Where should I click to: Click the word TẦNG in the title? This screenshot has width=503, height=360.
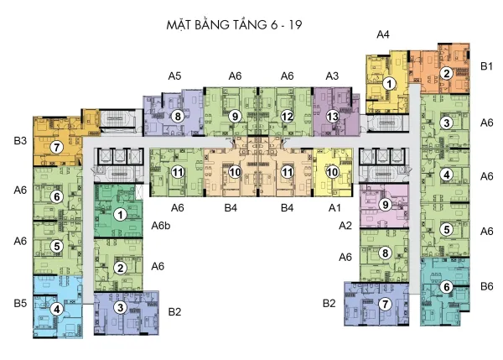[x=248, y=24]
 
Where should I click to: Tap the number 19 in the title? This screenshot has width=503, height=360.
[x=295, y=24]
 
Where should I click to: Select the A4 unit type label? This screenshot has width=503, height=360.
[x=383, y=34]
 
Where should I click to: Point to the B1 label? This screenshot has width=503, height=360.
[x=486, y=65]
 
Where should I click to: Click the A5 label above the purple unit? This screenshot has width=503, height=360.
[x=174, y=76]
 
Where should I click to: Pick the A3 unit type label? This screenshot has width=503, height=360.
[x=332, y=76]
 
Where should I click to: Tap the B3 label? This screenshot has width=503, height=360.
[x=20, y=140]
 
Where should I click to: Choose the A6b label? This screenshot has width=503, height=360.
[x=161, y=226]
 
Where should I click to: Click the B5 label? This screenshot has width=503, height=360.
[x=20, y=303]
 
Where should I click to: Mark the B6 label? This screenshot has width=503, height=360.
[x=486, y=286]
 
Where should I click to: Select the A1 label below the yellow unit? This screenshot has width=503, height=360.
[x=334, y=208]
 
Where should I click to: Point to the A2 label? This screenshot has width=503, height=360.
[x=345, y=226]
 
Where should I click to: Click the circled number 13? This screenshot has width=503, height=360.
[x=332, y=117]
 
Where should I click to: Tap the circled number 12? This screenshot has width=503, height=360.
[x=287, y=117]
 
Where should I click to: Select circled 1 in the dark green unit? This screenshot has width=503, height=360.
[x=120, y=215]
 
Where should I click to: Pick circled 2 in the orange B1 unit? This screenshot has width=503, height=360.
[x=446, y=74]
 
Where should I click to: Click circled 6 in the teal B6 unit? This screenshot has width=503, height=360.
[x=447, y=287]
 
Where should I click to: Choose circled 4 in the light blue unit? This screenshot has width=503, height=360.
[x=57, y=310]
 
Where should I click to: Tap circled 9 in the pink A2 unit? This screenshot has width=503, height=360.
[x=386, y=205]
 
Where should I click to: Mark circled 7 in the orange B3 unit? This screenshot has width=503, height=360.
[x=57, y=148]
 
